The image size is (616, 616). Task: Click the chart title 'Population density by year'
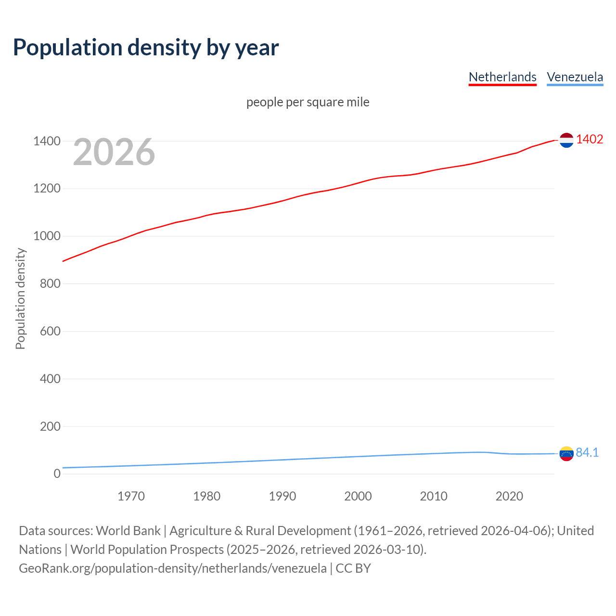pyautogui.click(x=146, y=48)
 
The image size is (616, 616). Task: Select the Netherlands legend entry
pyautogui.click(x=502, y=77)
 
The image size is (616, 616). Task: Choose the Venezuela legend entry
pyautogui.click(x=575, y=77)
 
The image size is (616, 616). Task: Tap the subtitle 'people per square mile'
pyautogui.click(x=308, y=102)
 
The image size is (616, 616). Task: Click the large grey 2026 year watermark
pyautogui.click(x=114, y=152)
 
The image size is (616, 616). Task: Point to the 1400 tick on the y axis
pyautogui.click(x=47, y=141)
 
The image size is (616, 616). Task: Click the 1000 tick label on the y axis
pyautogui.click(x=47, y=236)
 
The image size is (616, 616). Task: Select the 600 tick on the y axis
pyautogui.click(x=50, y=331)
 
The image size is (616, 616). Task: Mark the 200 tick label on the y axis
pyautogui.click(x=50, y=426)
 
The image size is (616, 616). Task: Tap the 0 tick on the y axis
pyautogui.click(x=57, y=474)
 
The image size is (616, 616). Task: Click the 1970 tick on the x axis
pyautogui.click(x=131, y=496)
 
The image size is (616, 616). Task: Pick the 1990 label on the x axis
pyautogui.click(x=282, y=496)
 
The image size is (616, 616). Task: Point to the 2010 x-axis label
pyautogui.click(x=434, y=496)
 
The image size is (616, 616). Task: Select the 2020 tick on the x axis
pyautogui.click(x=509, y=496)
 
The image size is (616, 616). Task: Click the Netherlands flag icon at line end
pyautogui.click(x=566, y=140)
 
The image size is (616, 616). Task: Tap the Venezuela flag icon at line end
pyautogui.click(x=566, y=453)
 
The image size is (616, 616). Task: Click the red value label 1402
pyautogui.click(x=590, y=139)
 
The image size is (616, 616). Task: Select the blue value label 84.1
pyautogui.click(x=587, y=452)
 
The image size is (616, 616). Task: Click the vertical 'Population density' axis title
pyautogui.click(x=20, y=298)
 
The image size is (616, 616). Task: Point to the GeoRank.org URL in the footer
pyautogui.click(x=173, y=568)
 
